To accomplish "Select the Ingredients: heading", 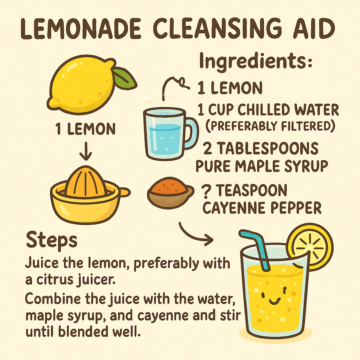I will [x=256, y=62].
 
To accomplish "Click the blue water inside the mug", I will [x=165, y=139].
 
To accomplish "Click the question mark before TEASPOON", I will [x=206, y=192].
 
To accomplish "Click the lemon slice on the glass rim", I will [x=309, y=246].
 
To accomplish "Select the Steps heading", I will [x=51, y=241].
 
